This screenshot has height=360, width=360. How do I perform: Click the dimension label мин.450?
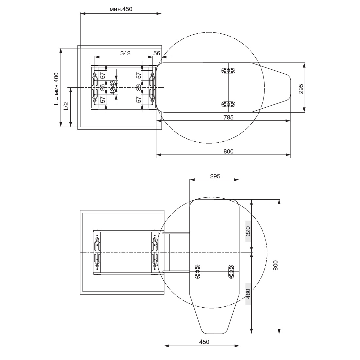121,9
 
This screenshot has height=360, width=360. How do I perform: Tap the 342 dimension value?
125,53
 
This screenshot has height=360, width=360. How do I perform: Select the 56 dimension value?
156,53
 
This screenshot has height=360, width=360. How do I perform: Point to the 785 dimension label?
228,117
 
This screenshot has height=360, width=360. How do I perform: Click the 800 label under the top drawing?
228,152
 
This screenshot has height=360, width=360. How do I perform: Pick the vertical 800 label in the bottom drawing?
276,265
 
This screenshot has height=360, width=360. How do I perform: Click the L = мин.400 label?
56,89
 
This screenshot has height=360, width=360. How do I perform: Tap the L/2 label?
66,106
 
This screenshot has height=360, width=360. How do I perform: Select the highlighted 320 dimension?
248,231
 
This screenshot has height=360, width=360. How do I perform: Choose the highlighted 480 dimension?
248,294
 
